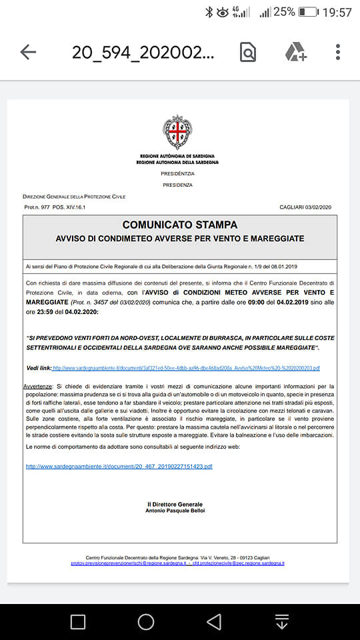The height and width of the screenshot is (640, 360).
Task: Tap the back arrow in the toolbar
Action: click(28, 52)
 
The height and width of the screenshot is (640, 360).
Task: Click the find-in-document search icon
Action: click(248, 52)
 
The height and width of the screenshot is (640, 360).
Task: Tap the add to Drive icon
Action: click(295, 52)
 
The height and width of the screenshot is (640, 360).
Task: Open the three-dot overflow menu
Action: click(338, 52)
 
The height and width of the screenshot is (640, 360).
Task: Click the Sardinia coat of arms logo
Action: click(177, 131)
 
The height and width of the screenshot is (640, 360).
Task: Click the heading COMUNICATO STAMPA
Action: click(180, 225)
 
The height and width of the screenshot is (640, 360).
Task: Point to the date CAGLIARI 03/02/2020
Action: click(305, 207)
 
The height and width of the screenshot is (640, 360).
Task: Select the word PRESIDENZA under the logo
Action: click(177, 185)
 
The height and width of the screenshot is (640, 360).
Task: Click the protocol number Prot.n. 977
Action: click(37, 207)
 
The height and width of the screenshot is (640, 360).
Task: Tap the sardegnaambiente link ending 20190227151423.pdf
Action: click(119, 466)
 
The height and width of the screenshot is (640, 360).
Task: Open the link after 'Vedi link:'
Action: click(186, 368)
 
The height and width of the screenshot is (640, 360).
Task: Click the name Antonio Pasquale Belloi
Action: click(176, 511)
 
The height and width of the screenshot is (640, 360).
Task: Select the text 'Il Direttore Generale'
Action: click(175, 504)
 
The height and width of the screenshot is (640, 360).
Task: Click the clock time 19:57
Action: click(337, 12)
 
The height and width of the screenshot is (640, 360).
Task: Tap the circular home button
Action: click(146, 622)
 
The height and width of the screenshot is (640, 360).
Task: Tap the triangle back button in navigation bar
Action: click(214, 622)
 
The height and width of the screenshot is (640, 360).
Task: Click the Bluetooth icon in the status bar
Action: click(209, 12)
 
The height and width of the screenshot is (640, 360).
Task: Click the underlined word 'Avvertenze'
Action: click(38, 386)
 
